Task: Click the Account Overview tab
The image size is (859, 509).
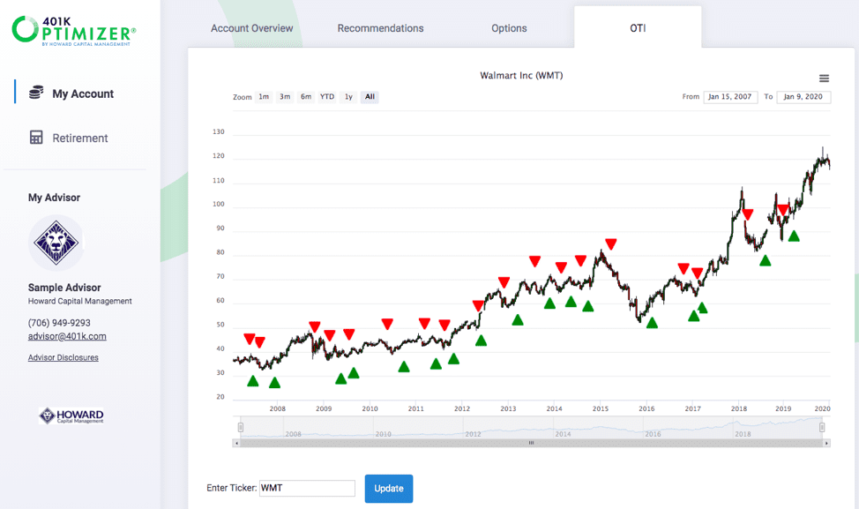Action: tap(251, 28)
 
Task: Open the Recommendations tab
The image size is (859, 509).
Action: tap(380, 28)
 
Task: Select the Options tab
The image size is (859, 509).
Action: tap(509, 28)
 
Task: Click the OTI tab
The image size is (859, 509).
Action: tap(637, 28)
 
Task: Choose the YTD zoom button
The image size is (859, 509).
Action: tap(327, 97)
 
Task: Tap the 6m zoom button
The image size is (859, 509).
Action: tap(306, 97)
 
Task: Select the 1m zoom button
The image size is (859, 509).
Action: tap(264, 97)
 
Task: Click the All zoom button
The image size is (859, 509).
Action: tap(370, 97)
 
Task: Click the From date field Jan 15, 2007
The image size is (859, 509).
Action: tap(730, 97)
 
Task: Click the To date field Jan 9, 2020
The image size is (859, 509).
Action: tap(803, 97)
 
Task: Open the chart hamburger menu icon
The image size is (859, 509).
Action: tap(824, 79)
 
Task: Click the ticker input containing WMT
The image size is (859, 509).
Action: tap(307, 488)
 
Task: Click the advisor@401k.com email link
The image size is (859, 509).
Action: tap(67, 336)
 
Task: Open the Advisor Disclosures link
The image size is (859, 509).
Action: tap(63, 357)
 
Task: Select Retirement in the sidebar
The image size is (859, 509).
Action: tap(79, 138)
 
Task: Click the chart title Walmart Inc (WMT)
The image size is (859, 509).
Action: tap(521, 76)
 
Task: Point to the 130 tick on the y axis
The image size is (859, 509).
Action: tap(219, 132)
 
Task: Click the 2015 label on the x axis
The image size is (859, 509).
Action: tap(600, 408)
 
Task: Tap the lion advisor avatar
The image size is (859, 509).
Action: tap(56, 242)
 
